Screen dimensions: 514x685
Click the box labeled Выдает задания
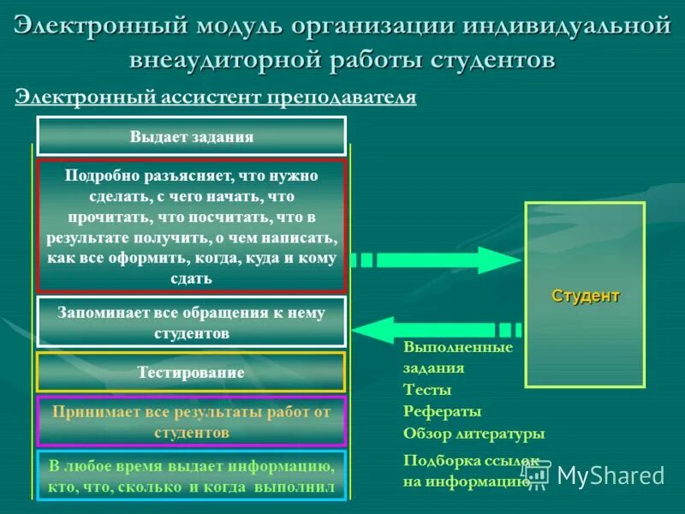[x=191, y=136]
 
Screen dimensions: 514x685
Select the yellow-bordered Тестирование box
[x=191, y=373]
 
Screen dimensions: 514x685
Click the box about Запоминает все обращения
[x=191, y=322]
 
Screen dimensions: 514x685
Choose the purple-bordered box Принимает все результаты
[x=191, y=421]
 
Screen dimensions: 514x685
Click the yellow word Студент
[x=585, y=296]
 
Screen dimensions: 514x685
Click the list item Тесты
[x=422, y=390]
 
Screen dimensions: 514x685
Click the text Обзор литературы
[x=474, y=433]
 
